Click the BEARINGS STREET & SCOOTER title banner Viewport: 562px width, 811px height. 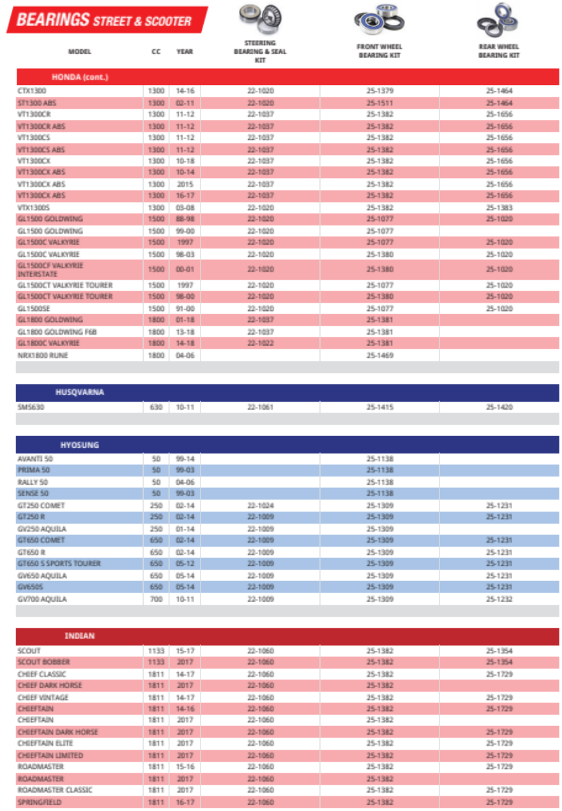107,20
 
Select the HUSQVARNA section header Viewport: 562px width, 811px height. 79,392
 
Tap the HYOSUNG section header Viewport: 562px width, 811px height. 79,444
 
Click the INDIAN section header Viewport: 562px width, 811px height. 79,636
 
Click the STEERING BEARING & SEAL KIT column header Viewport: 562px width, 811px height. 260,52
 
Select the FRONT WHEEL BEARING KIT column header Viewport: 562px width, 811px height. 379,51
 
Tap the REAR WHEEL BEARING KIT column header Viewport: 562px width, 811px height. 499,51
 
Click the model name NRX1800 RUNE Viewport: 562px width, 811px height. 43,355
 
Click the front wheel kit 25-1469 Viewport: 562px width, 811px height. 379,355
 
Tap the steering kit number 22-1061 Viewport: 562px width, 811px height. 260,407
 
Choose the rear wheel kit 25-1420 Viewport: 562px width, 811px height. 499,407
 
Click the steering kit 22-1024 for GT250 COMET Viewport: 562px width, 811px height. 260,505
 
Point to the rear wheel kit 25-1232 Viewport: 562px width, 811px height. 499,599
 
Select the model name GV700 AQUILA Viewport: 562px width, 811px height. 42,599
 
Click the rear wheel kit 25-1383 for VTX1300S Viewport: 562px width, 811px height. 499,208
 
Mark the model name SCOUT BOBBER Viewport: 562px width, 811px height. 44,662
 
